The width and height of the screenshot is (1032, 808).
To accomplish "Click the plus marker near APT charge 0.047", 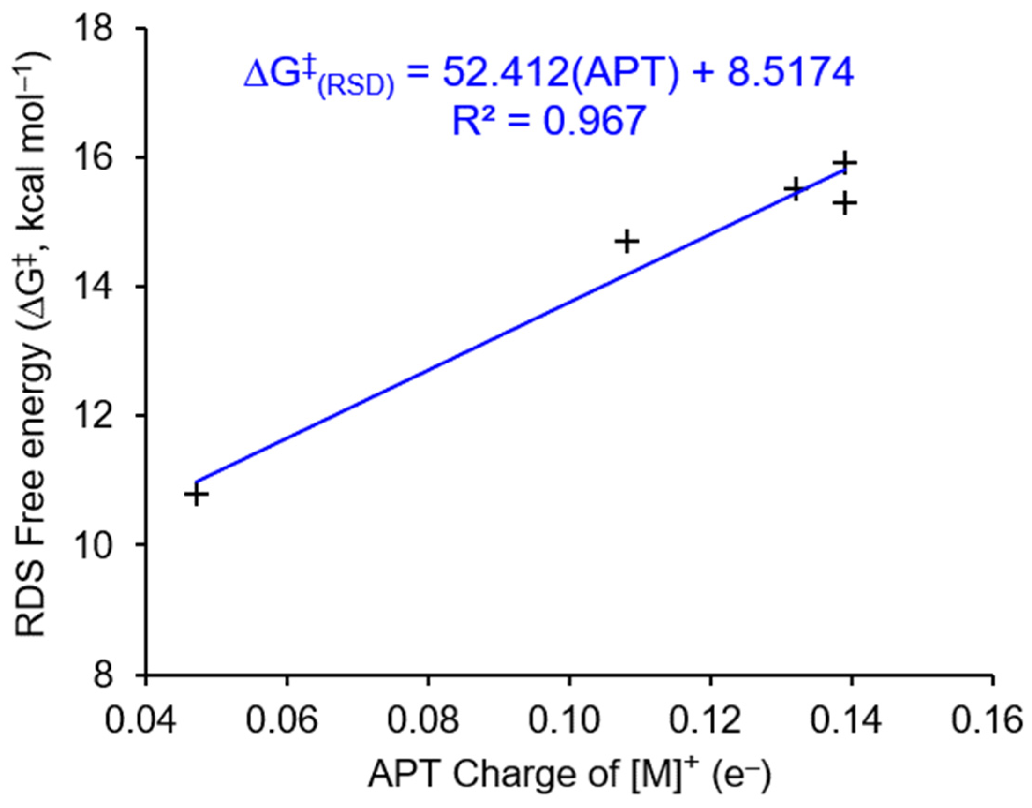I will click(x=196, y=495).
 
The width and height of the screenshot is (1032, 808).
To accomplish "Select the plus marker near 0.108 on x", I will click(x=627, y=242).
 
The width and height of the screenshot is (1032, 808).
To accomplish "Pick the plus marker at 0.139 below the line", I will click(x=845, y=203).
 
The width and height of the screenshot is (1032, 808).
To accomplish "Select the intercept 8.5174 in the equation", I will click(x=790, y=74).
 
